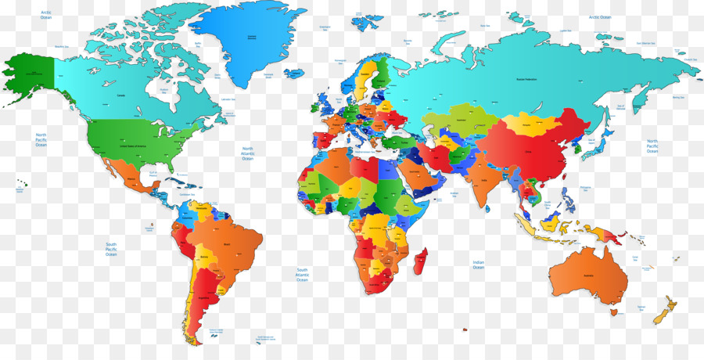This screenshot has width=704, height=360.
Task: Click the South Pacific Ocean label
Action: click(x=111, y=249)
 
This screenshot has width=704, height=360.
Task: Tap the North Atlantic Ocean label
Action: click(x=248, y=153)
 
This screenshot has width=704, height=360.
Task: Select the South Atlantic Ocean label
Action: click(x=302, y=274)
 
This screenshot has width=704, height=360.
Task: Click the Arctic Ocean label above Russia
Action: click(x=600, y=17)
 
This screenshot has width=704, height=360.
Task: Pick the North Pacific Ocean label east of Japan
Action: click(x=652, y=146)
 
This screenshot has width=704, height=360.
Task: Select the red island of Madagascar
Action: click(x=420, y=261)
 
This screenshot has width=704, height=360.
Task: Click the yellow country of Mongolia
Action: click(x=526, y=124)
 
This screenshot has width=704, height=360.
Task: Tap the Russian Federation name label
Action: click(x=526, y=79)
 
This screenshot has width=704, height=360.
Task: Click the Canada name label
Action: click(x=121, y=95)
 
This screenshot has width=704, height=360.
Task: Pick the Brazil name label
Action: click(x=228, y=245)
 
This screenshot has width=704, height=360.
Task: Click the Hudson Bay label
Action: click(x=164, y=89)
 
